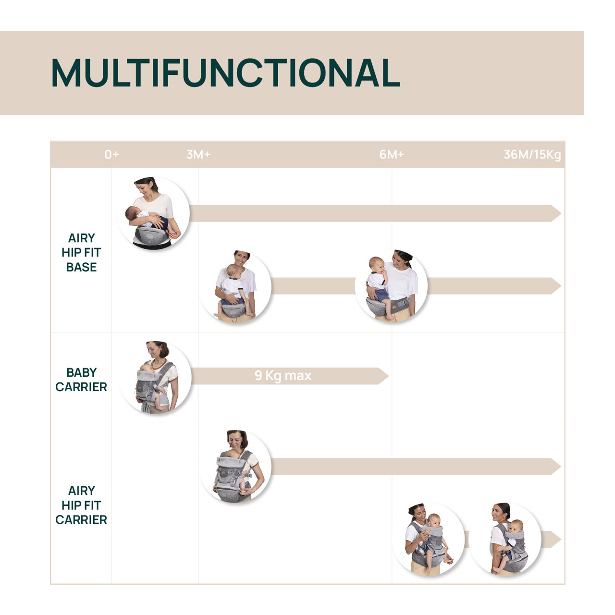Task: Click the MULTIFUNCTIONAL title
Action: point(225,73)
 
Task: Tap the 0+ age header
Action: point(111,155)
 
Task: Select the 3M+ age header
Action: point(198,155)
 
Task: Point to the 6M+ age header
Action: point(392,155)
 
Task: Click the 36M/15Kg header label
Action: point(532,155)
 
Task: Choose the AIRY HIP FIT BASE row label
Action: point(81,253)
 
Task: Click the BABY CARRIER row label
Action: point(81,380)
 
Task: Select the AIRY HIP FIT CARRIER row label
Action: point(81,505)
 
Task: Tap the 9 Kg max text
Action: point(283,376)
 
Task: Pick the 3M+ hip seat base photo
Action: point(235,286)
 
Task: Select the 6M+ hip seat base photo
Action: point(391,286)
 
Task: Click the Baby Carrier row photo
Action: point(155,378)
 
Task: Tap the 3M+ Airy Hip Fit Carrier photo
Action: point(235,467)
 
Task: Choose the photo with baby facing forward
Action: point(429,539)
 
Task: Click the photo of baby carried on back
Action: point(505,539)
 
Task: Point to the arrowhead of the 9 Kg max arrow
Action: point(383,376)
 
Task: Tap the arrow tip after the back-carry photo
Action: point(554,540)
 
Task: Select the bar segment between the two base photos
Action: point(313,286)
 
